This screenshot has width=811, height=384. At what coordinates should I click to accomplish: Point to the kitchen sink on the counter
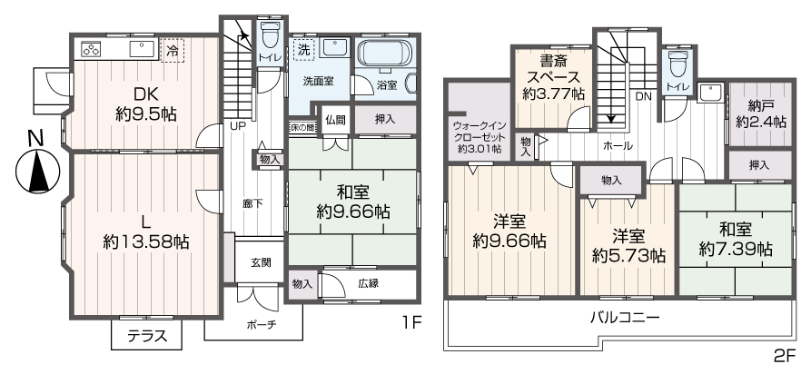(143, 48)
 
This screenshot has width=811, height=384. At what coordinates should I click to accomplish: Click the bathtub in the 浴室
(385, 54)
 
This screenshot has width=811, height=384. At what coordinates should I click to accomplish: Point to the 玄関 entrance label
(261, 262)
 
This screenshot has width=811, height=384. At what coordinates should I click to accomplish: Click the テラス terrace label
(146, 336)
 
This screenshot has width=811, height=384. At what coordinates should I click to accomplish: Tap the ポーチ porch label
(261, 324)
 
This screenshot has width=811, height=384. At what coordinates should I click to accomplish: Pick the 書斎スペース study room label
(554, 78)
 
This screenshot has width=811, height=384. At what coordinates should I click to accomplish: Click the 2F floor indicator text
(784, 356)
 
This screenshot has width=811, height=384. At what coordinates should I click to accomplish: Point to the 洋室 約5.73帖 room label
(628, 245)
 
